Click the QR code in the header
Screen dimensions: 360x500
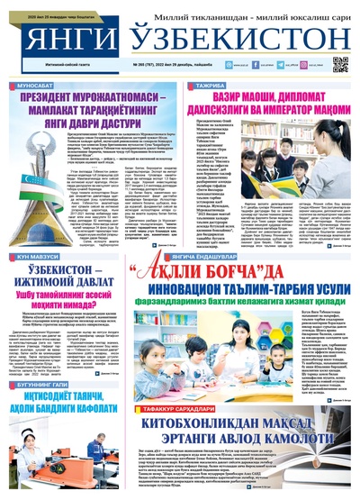coord(340,64)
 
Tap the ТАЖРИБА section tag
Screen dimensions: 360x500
coord(210,83)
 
